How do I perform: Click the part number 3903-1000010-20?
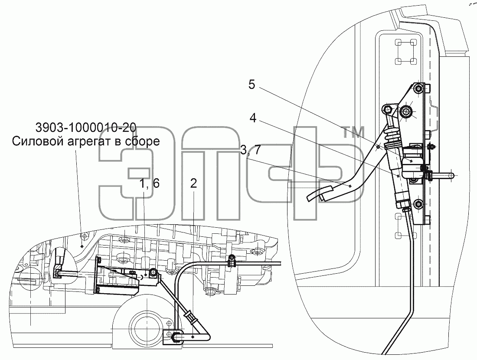[86, 128]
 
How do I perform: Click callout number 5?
[252, 85]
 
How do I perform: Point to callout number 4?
[253, 118]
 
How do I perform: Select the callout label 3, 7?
[250, 150]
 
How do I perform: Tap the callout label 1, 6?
[149, 183]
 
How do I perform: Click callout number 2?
[193, 183]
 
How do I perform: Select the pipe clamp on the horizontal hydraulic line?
[232, 261]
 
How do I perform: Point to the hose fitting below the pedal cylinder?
[405, 209]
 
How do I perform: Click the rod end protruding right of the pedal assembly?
[444, 176]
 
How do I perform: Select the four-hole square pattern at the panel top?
[405, 52]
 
